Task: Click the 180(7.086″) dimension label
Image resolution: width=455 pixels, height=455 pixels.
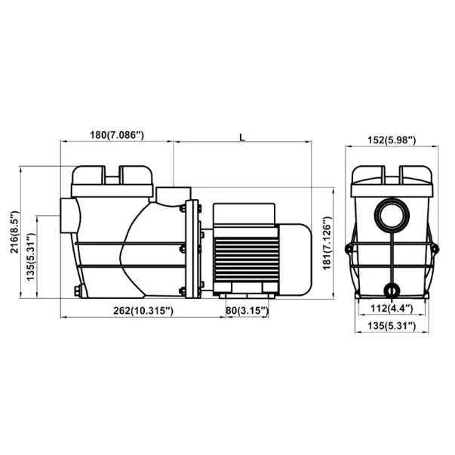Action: pos(117,135)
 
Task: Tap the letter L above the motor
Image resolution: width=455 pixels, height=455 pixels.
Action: pos(242,137)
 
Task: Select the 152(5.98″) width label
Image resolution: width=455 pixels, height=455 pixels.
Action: pos(392,140)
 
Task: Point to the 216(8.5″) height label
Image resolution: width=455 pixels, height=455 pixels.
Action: pos(15,232)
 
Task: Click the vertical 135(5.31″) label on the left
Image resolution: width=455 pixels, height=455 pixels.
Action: pos(31,257)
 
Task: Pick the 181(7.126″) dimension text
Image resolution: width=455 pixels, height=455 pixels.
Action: pos(327,243)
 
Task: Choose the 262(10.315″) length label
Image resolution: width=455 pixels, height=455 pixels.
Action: pos(143,311)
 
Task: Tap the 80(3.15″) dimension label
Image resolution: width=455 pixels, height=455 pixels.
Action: pos(247,310)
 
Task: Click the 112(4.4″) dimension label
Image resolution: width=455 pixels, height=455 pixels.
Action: pos(392,308)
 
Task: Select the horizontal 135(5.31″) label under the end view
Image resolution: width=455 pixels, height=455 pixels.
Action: pos(392,326)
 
